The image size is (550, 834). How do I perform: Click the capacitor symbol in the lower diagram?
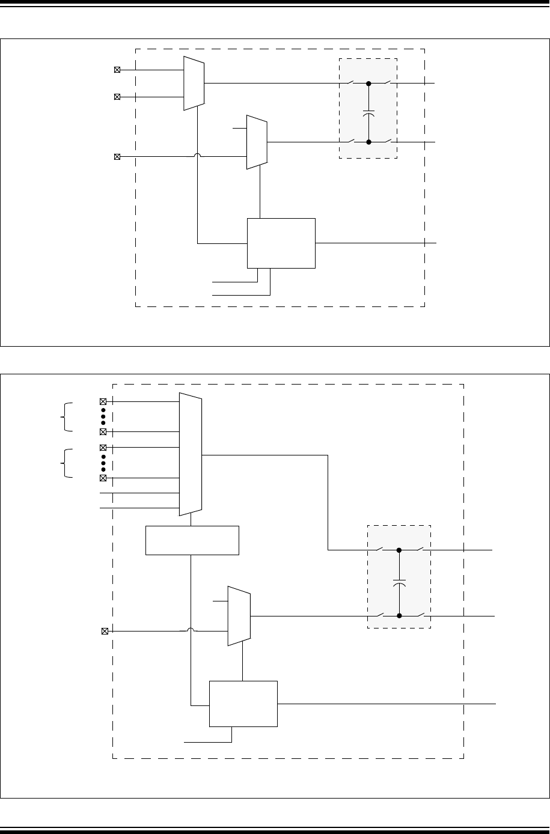point(399,583)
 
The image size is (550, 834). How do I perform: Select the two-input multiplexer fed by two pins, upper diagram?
point(194,84)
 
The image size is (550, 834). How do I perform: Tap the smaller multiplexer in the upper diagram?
point(257,142)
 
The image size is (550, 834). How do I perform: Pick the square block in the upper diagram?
point(281,243)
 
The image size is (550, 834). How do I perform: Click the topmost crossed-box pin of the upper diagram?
point(117,70)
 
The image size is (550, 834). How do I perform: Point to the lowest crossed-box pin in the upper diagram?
point(117,157)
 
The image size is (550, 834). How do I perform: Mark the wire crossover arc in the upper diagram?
point(198,157)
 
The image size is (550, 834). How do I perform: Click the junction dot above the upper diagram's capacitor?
point(369,84)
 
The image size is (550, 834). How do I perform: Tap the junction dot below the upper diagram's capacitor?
point(369,142)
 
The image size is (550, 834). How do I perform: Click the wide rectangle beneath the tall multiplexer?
point(192,540)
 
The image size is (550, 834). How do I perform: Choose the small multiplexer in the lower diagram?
point(239,616)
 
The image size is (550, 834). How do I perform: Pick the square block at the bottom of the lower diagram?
point(243,704)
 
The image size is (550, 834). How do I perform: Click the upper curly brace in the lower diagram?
point(65,416)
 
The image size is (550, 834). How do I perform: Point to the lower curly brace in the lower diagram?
point(65,463)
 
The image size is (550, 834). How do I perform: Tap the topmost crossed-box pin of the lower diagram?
point(103,401)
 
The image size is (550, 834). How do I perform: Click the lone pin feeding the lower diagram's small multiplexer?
point(105,631)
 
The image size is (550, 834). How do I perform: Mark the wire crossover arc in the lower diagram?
point(191,631)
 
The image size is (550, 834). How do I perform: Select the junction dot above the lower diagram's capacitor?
point(399,550)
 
